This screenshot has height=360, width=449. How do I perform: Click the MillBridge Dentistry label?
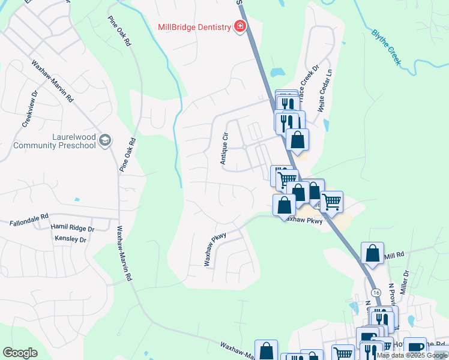point(194,28)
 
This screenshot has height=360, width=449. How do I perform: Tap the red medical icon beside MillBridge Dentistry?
point(240,27)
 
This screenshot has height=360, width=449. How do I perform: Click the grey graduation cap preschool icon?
point(105,140)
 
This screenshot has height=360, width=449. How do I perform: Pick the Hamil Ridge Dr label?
point(73,229)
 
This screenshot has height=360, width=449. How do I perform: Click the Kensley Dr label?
point(71,239)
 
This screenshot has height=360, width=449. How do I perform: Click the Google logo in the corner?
point(20,353)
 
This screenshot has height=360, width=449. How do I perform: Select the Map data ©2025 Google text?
point(412,355)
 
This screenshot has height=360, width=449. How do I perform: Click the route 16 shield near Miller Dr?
point(376,292)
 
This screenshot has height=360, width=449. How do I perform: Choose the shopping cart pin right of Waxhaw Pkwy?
point(331,201)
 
